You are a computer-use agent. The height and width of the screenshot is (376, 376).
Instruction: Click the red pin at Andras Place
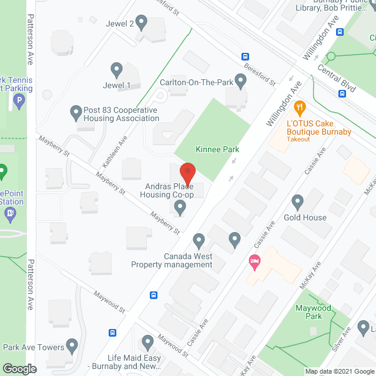pos(187,174)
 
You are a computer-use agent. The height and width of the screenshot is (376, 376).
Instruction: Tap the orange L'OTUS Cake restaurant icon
pos(301,107)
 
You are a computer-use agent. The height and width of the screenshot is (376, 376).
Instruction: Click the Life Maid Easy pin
pos(147,341)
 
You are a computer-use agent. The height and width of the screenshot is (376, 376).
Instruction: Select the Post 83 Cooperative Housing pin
pos(76,111)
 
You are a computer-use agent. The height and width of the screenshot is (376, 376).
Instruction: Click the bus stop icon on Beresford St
pos(244,56)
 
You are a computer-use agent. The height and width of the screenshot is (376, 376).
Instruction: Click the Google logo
pos(19,368)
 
